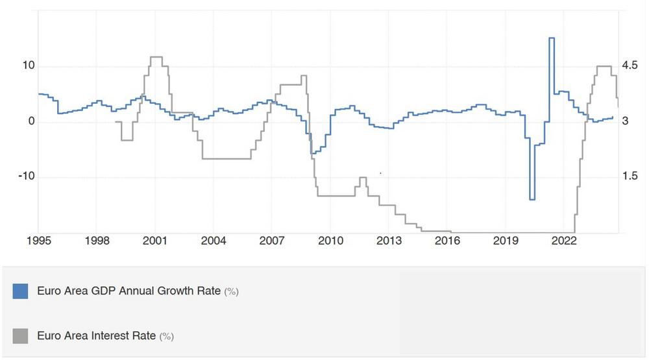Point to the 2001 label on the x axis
156,241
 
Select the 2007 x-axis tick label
273,241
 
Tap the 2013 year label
389,241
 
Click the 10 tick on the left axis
27,66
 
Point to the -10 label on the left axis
25,176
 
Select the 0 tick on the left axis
31,121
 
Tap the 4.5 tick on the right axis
630,66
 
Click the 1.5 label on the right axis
630,176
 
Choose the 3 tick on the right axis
626,121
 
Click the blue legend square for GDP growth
20,291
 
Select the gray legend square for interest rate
20,335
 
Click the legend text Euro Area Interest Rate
96,335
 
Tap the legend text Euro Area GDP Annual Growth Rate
129,291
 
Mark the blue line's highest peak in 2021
552,38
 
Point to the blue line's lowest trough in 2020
532,199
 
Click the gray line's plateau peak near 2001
156,57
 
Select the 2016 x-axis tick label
448,241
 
